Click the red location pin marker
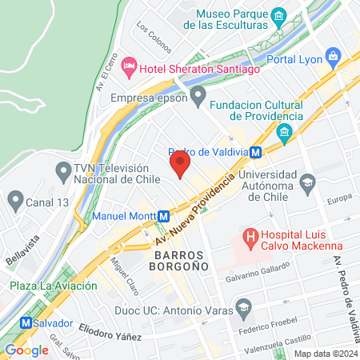[x=180, y=166]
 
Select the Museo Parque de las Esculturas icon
[x=278, y=15]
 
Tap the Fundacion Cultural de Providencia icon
[x=284, y=132]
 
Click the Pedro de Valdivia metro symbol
[x=255, y=152]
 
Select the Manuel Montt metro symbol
[x=162, y=216]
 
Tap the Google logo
[x=26, y=350]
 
